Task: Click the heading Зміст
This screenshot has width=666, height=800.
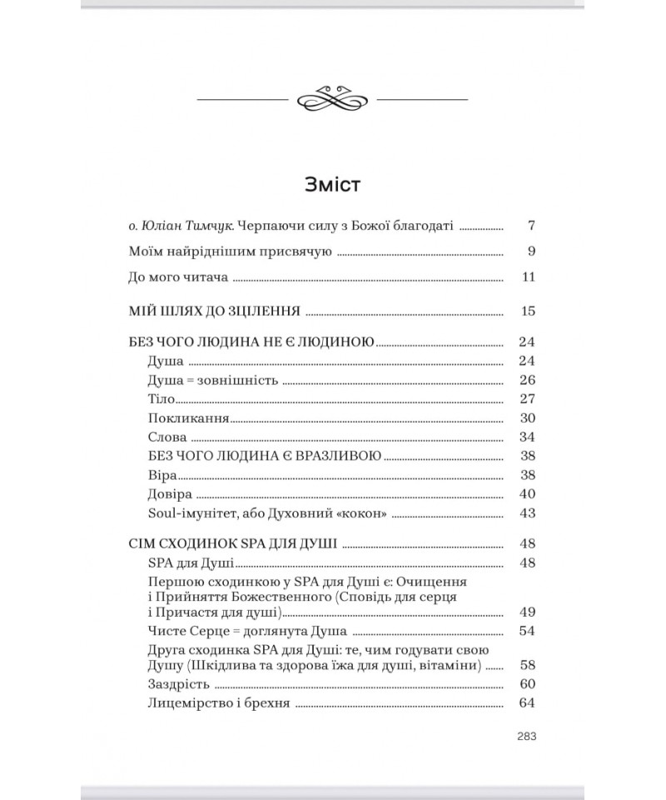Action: [332, 184]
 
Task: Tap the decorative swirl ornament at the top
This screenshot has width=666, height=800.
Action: [332, 99]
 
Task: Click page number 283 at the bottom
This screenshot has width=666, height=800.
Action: [525, 735]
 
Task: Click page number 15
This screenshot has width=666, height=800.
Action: [525, 312]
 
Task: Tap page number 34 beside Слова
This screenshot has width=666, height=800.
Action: [525, 437]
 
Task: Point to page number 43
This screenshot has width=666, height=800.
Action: [525, 513]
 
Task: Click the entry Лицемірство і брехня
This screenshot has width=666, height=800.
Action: [217, 704]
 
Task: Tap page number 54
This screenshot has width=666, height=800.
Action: [525, 630]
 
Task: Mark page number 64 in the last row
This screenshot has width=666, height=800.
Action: [525, 704]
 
